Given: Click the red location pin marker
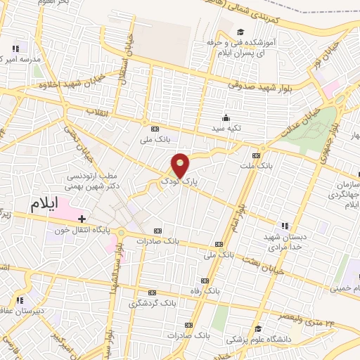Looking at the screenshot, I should coord(181,166).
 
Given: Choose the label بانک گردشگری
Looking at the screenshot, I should coord(152,304).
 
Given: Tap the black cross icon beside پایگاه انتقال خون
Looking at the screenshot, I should coord(82,219).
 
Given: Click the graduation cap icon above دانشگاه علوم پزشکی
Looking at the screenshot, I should coord(258,329).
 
